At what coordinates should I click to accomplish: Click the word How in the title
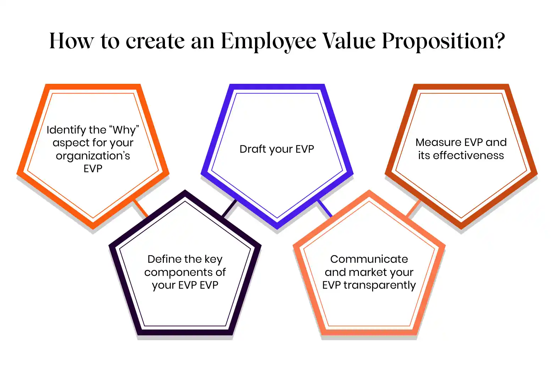pyautogui.click(x=72, y=40)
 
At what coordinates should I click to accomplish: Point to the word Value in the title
pyautogui.click(x=349, y=40)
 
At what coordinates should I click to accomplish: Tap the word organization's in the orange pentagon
pyautogui.click(x=93, y=156)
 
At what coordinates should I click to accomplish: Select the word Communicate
pyautogui.click(x=369, y=259)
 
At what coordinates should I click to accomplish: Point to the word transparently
pyautogui.click(x=380, y=285)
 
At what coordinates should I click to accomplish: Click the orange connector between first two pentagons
pyautogui.click(x=140, y=208)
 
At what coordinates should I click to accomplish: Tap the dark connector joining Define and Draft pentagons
pyautogui.click(x=229, y=208)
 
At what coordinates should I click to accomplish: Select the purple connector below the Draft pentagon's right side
pyautogui.click(x=325, y=208)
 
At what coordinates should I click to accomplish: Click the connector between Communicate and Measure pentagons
pyautogui.click(x=414, y=208)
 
